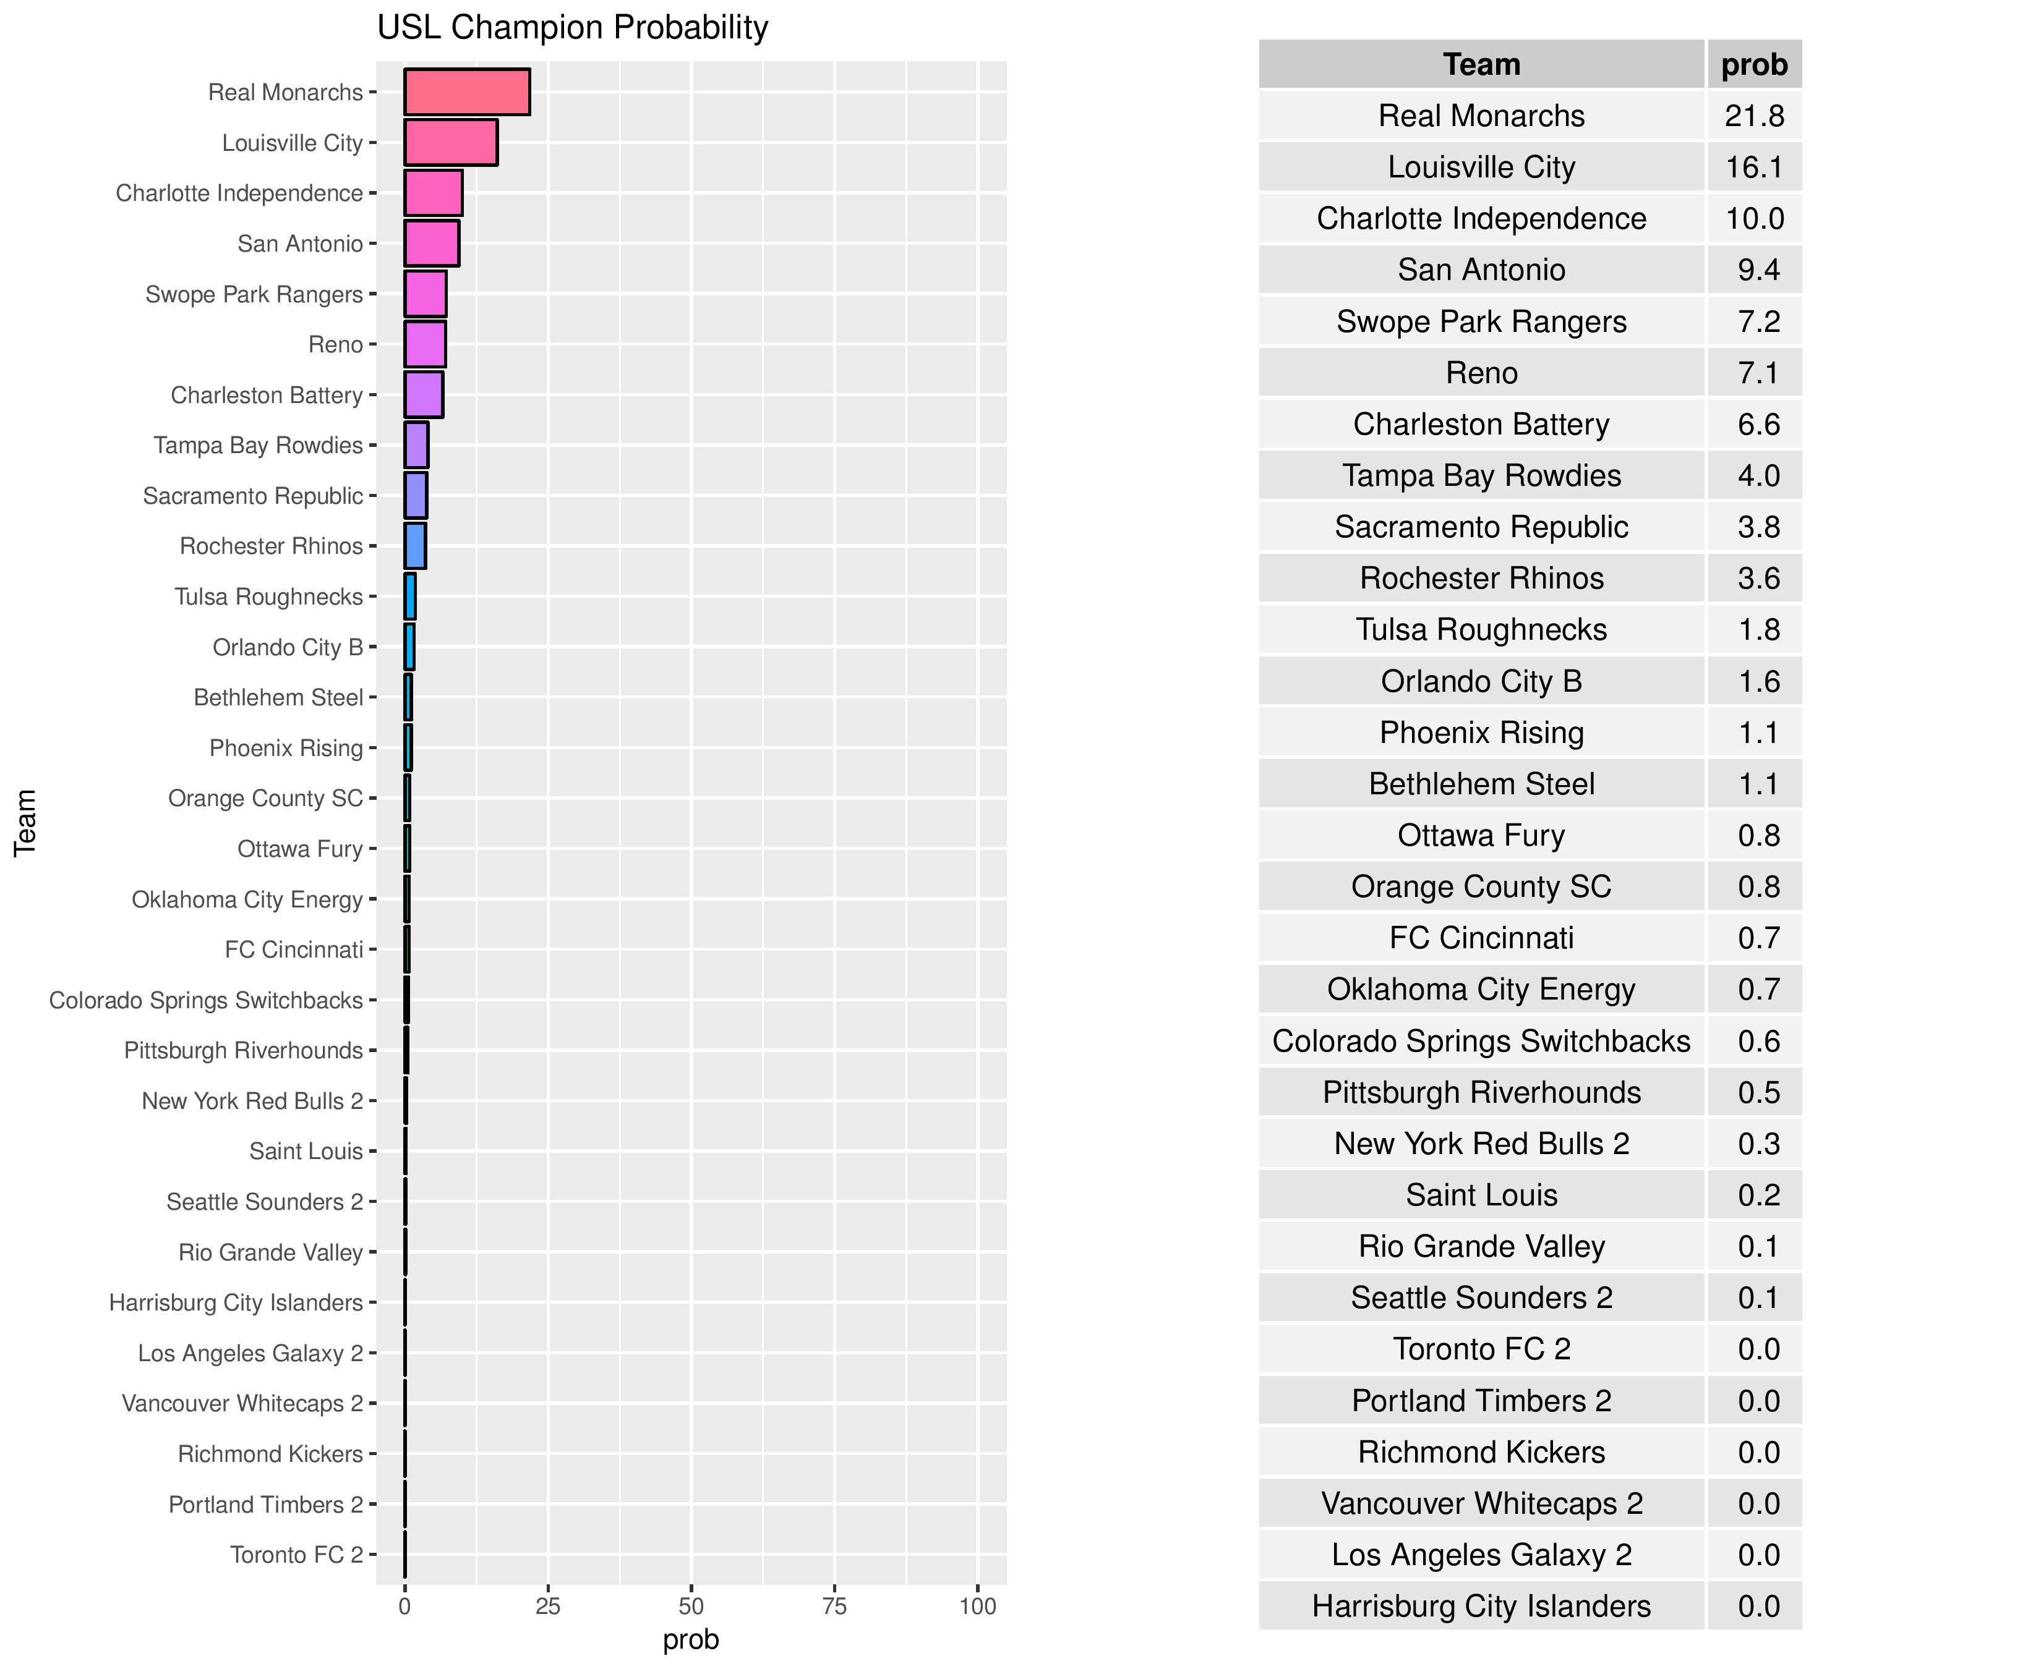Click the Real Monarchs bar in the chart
click(x=466, y=92)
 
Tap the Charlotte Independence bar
click(x=433, y=193)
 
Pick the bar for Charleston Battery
click(x=423, y=395)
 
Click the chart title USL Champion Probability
click(x=572, y=28)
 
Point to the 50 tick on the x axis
click(x=691, y=1607)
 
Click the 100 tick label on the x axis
click(x=977, y=1607)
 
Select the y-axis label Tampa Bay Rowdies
click(x=258, y=445)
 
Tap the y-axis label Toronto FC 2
click(x=296, y=1555)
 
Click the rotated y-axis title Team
click(x=26, y=823)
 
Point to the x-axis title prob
click(x=691, y=1640)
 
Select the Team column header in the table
click(x=1481, y=64)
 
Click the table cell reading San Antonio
click(x=1481, y=270)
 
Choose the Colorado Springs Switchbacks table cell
click(x=1481, y=1041)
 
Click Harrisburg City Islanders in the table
click(x=1481, y=1607)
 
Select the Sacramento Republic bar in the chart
click(x=416, y=496)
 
